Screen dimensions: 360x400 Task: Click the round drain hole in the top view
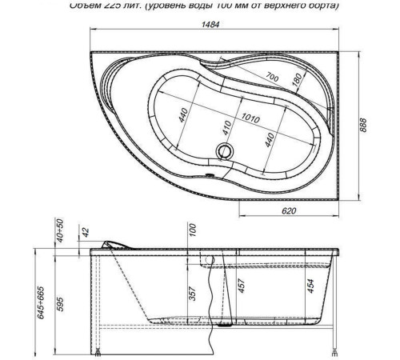[224, 150]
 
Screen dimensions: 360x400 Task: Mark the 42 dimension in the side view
[86, 234]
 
